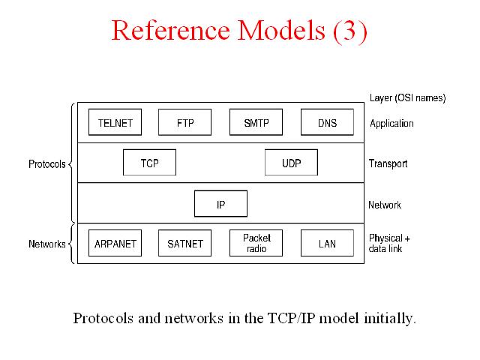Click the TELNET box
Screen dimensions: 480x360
[115, 122]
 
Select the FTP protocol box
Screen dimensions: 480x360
[185, 122]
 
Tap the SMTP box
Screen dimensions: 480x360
[256, 122]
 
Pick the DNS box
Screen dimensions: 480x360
[327, 122]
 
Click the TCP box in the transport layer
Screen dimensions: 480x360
[149, 162]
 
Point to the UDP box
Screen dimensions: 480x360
[291, 162]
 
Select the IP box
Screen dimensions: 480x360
[220, 203]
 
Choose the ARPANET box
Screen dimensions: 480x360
[115, 243]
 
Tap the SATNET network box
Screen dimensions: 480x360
[185, 243]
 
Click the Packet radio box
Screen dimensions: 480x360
[256, 243]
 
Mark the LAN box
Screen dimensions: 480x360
[327, 243]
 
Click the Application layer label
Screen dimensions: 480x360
[391, 124]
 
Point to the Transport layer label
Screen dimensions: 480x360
[388, 163]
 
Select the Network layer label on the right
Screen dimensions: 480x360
[385, 205]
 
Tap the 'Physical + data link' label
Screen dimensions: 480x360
[389, 243]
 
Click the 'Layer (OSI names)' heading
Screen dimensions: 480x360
[407, 98]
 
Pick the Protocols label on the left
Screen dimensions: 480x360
[46, 164]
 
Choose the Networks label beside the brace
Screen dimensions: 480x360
[46, 244]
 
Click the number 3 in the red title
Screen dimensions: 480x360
[349, 30]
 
